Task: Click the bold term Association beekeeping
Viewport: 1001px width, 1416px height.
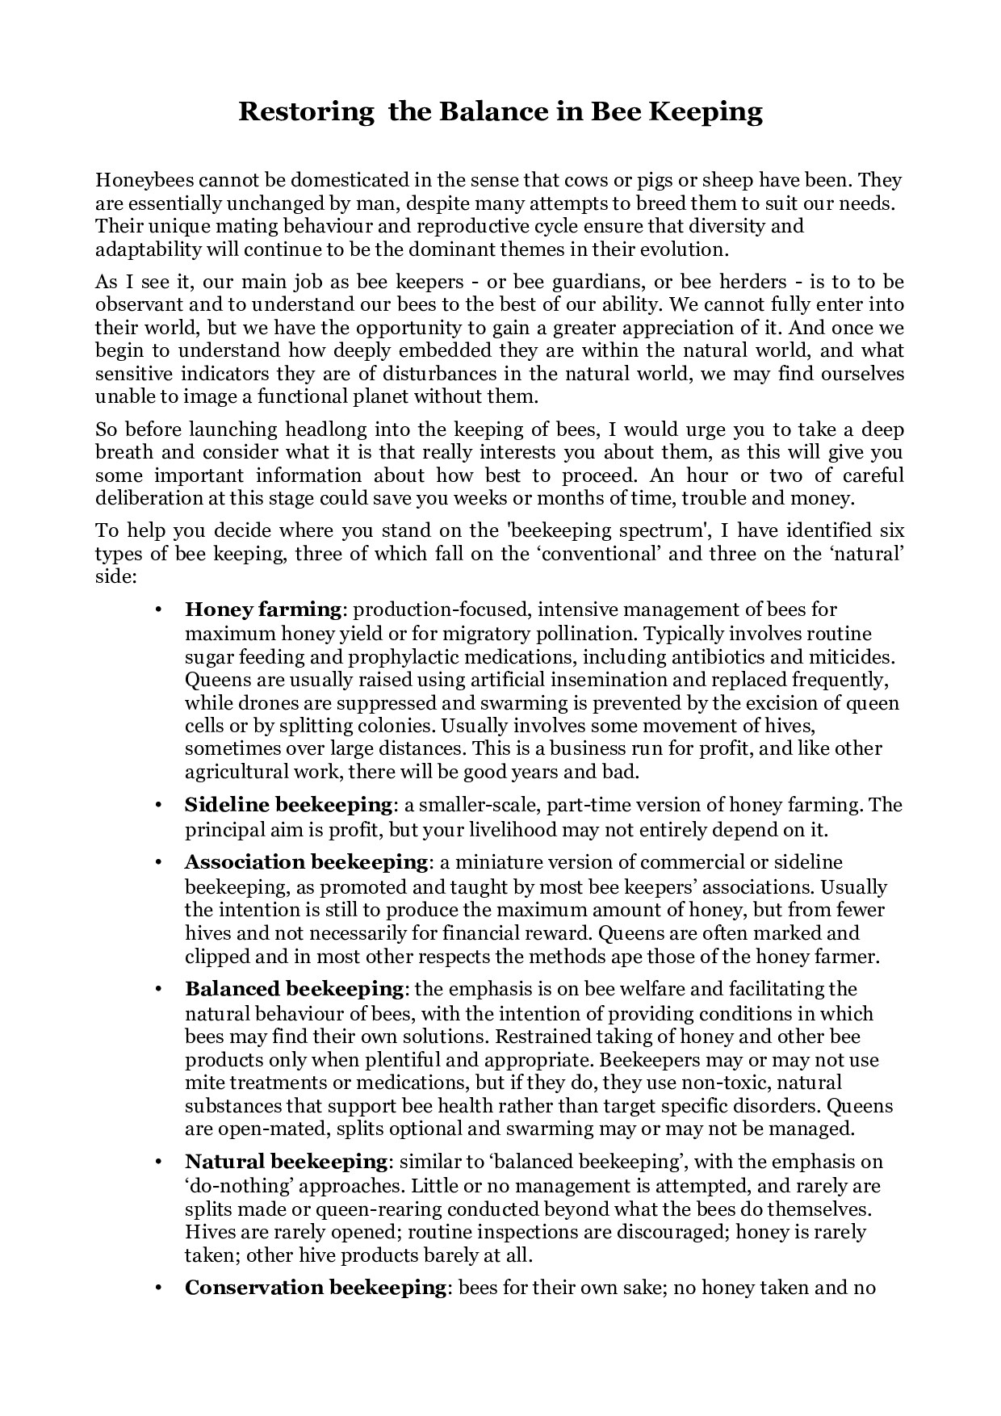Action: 306,862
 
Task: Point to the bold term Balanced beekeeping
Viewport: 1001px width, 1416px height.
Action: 295,989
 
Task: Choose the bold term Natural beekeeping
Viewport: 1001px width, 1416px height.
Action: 287,1162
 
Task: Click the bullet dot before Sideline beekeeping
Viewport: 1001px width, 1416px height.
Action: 159,806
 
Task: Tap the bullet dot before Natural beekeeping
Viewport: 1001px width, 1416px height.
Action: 159,1163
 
